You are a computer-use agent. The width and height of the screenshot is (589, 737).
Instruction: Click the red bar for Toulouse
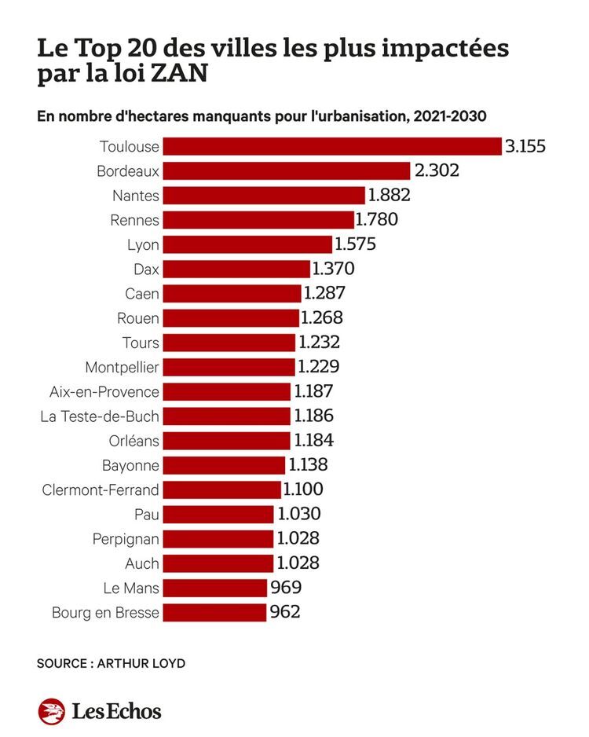click(333, 146)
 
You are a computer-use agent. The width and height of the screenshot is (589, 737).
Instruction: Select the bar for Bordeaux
click(287, 170)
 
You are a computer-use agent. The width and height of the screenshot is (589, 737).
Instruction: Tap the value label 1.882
click(390, 196)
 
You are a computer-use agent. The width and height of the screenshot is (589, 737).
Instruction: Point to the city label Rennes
click(134, 220)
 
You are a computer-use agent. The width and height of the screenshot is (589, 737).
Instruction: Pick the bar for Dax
click(237, 269)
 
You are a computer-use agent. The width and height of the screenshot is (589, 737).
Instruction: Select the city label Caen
click(142, 294)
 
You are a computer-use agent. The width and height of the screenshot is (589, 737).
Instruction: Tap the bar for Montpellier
click(230, 367)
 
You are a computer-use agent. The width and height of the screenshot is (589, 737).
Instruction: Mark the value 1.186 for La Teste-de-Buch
click(313, 416)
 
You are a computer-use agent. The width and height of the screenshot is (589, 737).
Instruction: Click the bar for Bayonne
click(225, 465)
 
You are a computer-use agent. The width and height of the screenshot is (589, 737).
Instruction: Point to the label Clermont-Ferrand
click(101, 489)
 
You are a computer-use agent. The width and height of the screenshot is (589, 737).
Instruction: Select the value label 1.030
click(298, 514)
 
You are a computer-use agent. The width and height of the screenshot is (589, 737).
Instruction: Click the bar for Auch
click(219, 563)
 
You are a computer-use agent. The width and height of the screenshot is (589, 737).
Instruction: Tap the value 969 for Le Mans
click(286, 588)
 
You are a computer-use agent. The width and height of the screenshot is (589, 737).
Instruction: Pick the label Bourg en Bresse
click(105, 612)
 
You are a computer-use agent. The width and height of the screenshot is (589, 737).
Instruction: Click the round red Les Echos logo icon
click(52, 711)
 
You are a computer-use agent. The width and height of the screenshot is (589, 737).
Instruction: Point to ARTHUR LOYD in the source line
click(141, 663)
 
